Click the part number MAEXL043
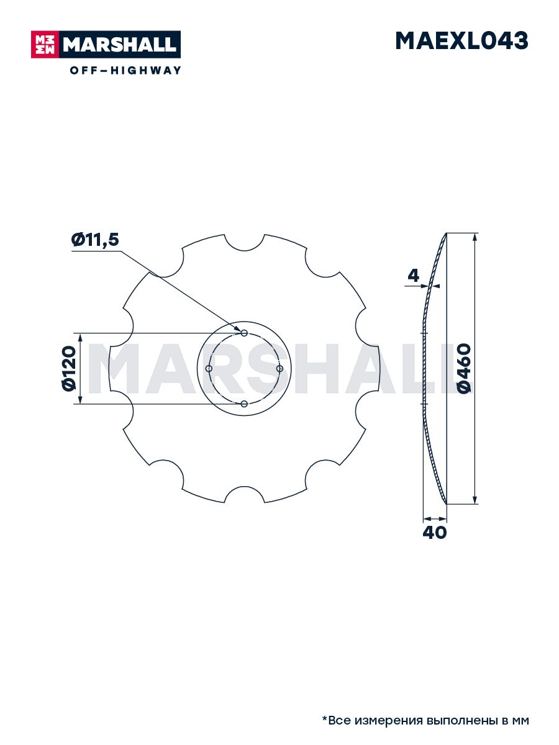click(x=461, y=41)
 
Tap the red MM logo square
click(x=45, y=45)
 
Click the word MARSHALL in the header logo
click(x=119, y=45)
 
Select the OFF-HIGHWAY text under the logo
click(x=125, y=70)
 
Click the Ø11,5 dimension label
click(x=95, y=240)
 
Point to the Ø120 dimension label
click(x=68, y=369)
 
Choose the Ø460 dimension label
click(x=464, y=368)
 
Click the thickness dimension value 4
click(x=413, y=276)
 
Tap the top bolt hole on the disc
click(x=244, y=333)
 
